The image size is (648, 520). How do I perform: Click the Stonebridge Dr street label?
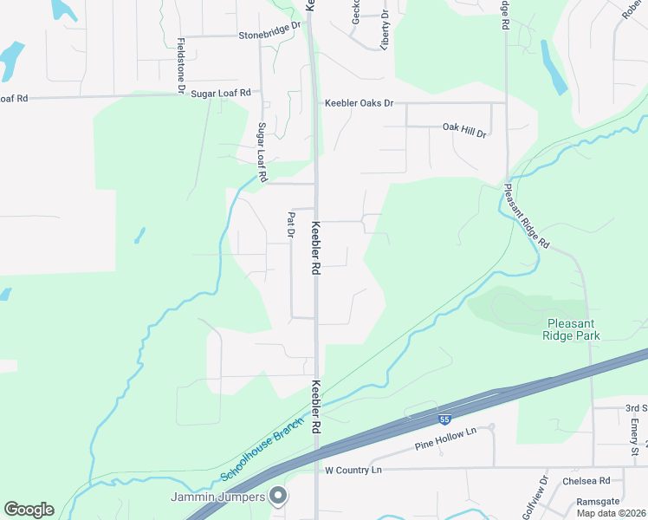click(269, 36)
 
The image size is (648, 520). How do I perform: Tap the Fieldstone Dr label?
click(181, 65)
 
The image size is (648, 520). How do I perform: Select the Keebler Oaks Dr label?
click(359, 103)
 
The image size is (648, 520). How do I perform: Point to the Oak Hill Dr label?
click(464, 127)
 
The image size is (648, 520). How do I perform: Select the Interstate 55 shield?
click(444, 419)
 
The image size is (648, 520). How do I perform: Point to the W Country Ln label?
click(353, 470)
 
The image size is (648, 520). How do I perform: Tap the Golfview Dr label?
click(544, 492)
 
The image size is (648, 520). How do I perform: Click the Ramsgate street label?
click(598, 503)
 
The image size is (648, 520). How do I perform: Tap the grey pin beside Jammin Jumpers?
click(278, 497)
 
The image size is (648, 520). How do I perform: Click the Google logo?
click(29, 510)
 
